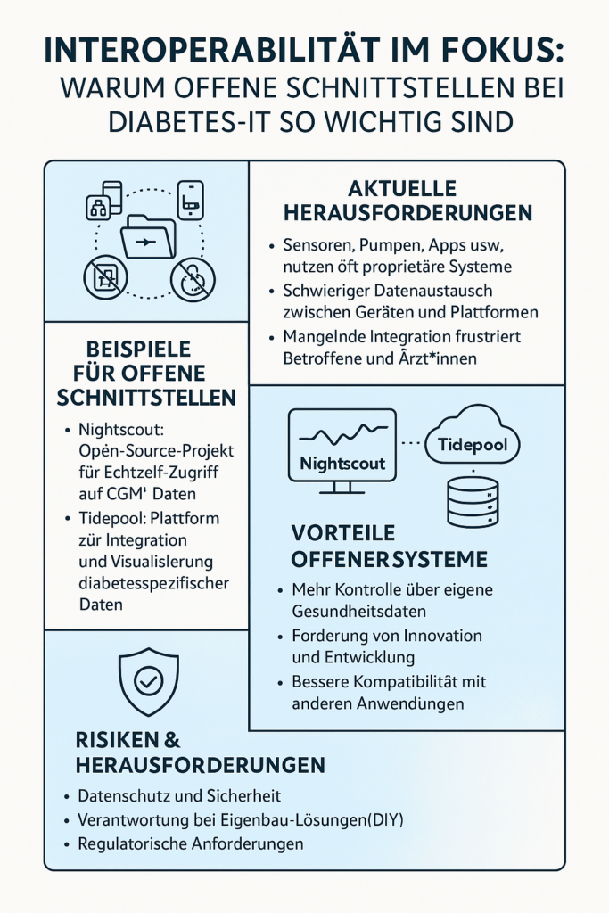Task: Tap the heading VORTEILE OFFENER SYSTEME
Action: (x=390, y=546)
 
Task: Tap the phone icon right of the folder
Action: (x=191, y=200)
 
